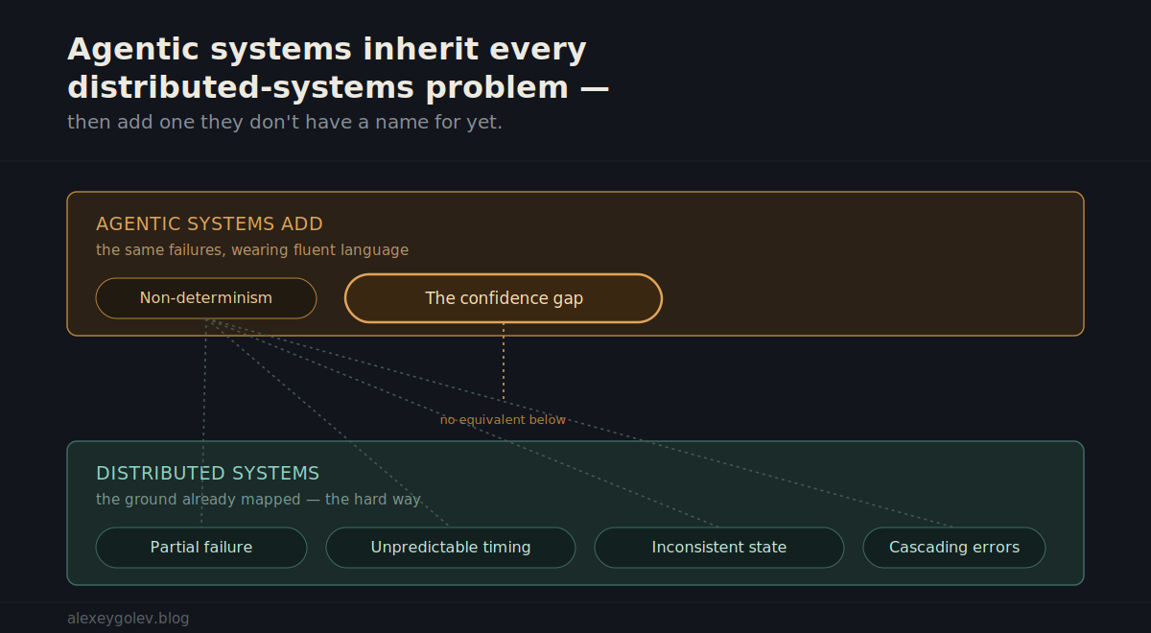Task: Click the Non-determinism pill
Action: point(206,298)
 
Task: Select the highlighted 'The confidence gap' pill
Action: point(504,298)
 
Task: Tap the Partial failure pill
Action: point(201,548)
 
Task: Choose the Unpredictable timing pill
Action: point(451,548)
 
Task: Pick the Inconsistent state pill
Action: point(718,548)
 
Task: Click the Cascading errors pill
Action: point(954,548)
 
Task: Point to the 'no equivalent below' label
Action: point(503,420)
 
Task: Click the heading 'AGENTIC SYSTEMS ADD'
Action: point(209,224)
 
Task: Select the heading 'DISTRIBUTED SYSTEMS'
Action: point(207,473)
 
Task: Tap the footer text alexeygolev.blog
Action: point(128,618)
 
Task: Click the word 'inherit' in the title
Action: point(420,49)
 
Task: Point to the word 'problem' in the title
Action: point(497,88)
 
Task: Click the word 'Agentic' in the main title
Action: point(132,50)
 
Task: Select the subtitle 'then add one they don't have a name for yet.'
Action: point(285,123)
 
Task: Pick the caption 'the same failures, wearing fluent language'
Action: point(252,249)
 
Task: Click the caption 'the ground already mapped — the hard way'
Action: point(258,500)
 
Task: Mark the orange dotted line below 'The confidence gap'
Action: point(504,362)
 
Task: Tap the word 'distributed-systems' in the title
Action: point(241,87)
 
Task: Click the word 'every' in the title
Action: point(538,50)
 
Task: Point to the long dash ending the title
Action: point(595,88)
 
